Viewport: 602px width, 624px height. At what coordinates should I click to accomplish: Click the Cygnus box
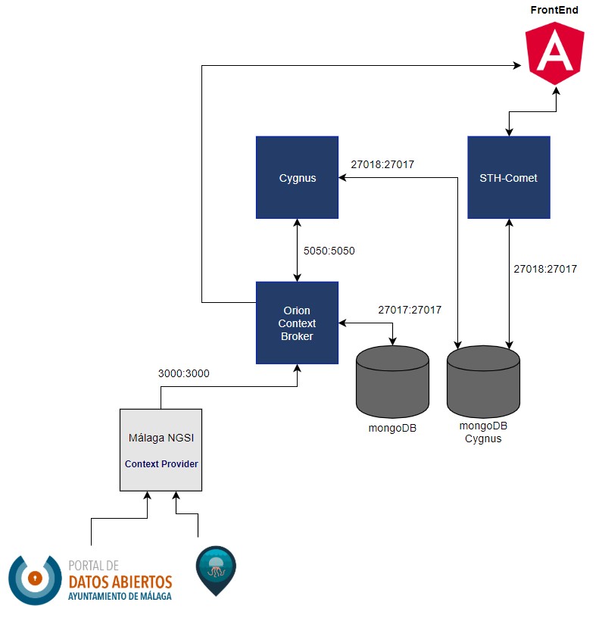297,177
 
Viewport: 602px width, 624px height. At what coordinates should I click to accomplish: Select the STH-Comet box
509,177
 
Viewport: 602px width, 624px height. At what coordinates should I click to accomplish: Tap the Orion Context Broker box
297,323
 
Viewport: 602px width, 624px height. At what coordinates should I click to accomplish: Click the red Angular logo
554,53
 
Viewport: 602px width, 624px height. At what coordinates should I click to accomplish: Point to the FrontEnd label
554,10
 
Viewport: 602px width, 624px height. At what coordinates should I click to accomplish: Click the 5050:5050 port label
329,251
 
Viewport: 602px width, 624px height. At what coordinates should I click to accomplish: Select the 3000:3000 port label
184,373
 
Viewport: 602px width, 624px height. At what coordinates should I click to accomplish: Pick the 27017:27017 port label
410,310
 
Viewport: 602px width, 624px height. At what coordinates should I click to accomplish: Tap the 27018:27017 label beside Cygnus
382,164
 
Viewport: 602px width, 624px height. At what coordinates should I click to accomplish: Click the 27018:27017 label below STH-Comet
545,269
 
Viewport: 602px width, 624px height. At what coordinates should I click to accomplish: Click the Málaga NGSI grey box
161,450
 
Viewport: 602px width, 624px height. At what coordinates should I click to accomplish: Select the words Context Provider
161,464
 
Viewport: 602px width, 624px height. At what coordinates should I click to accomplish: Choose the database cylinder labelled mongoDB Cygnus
483,381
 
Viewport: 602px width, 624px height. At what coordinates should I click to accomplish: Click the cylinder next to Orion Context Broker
392,381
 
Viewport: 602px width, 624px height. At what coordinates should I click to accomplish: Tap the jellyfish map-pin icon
216,571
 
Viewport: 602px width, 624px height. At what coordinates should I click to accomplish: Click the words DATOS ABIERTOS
120,582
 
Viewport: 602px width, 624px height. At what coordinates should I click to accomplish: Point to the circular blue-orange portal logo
35,580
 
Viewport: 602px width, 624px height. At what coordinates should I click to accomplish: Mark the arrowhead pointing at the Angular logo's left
517,65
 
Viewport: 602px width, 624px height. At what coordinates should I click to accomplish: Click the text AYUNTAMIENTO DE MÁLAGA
120,596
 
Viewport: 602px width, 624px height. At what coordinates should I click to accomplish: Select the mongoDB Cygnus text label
483,432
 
